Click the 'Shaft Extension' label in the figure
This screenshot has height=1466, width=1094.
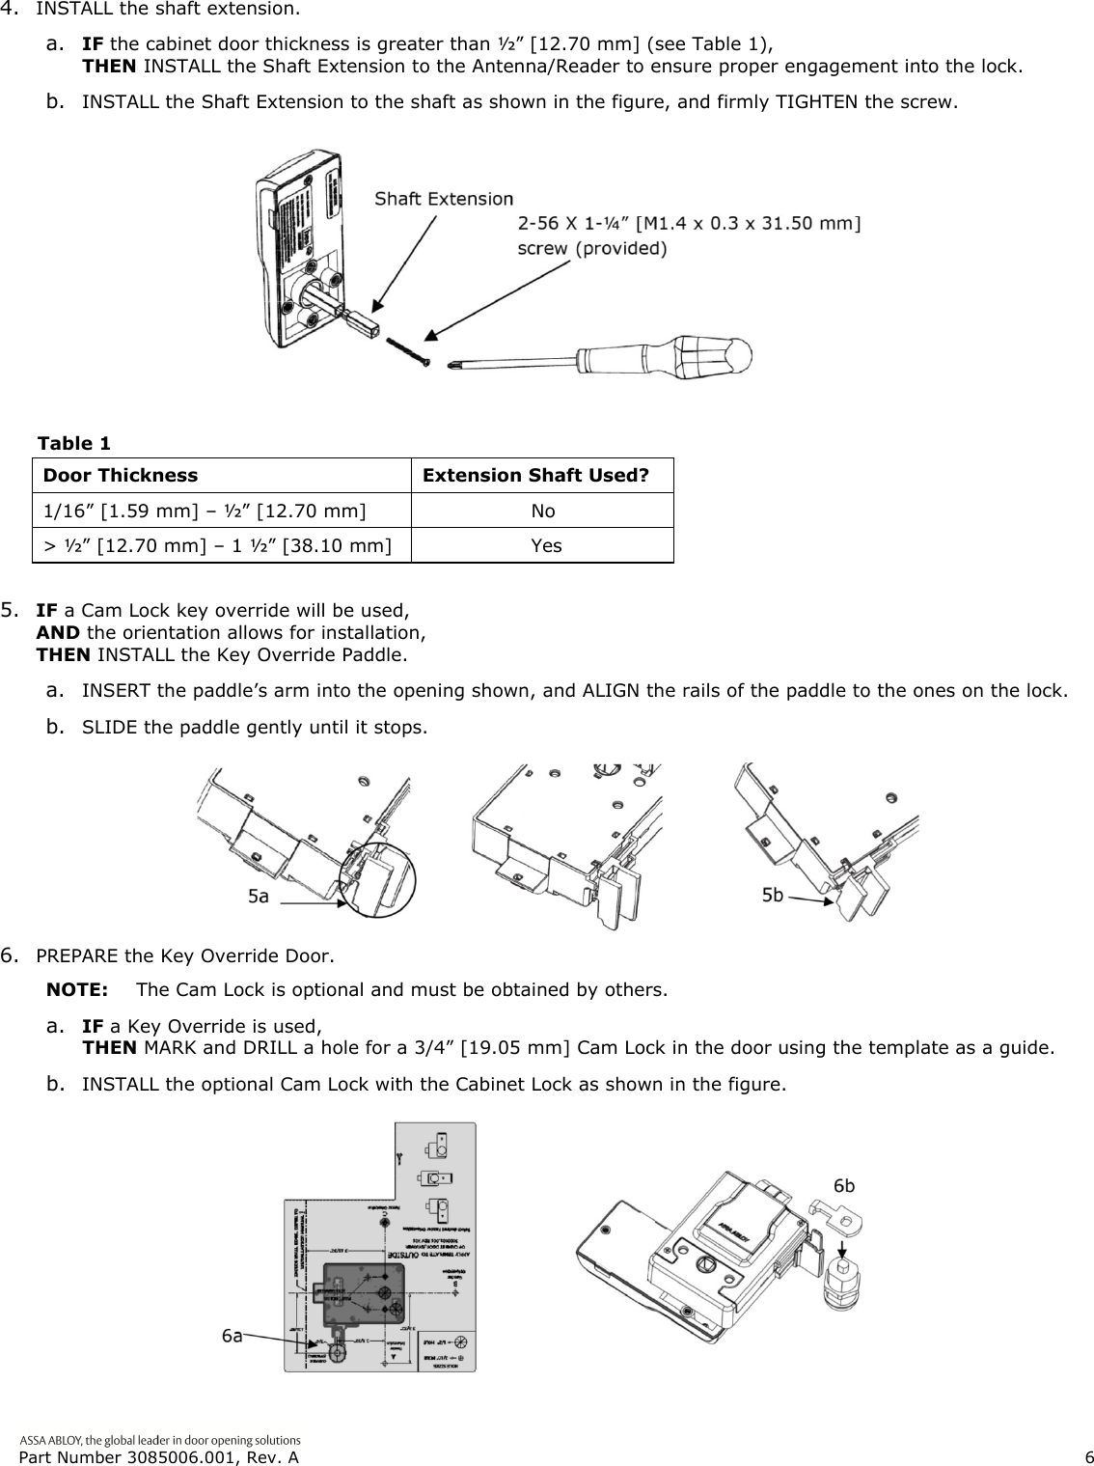[x=444, y=199]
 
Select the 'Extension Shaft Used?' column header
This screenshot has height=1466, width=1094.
[x=536, y=476]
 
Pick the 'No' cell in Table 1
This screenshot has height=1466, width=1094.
[x=543, y=511]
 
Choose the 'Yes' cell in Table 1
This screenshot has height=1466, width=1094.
[x=546, y=545]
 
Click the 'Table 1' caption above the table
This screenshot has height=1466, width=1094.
[x=73, y=443]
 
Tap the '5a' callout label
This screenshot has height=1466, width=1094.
[x=259, y=897]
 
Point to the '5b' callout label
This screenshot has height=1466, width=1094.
[x=773, y=896]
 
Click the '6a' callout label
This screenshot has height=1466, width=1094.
[x=232, y=1336]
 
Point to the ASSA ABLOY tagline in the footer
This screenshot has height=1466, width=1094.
[x=160, y=1439]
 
